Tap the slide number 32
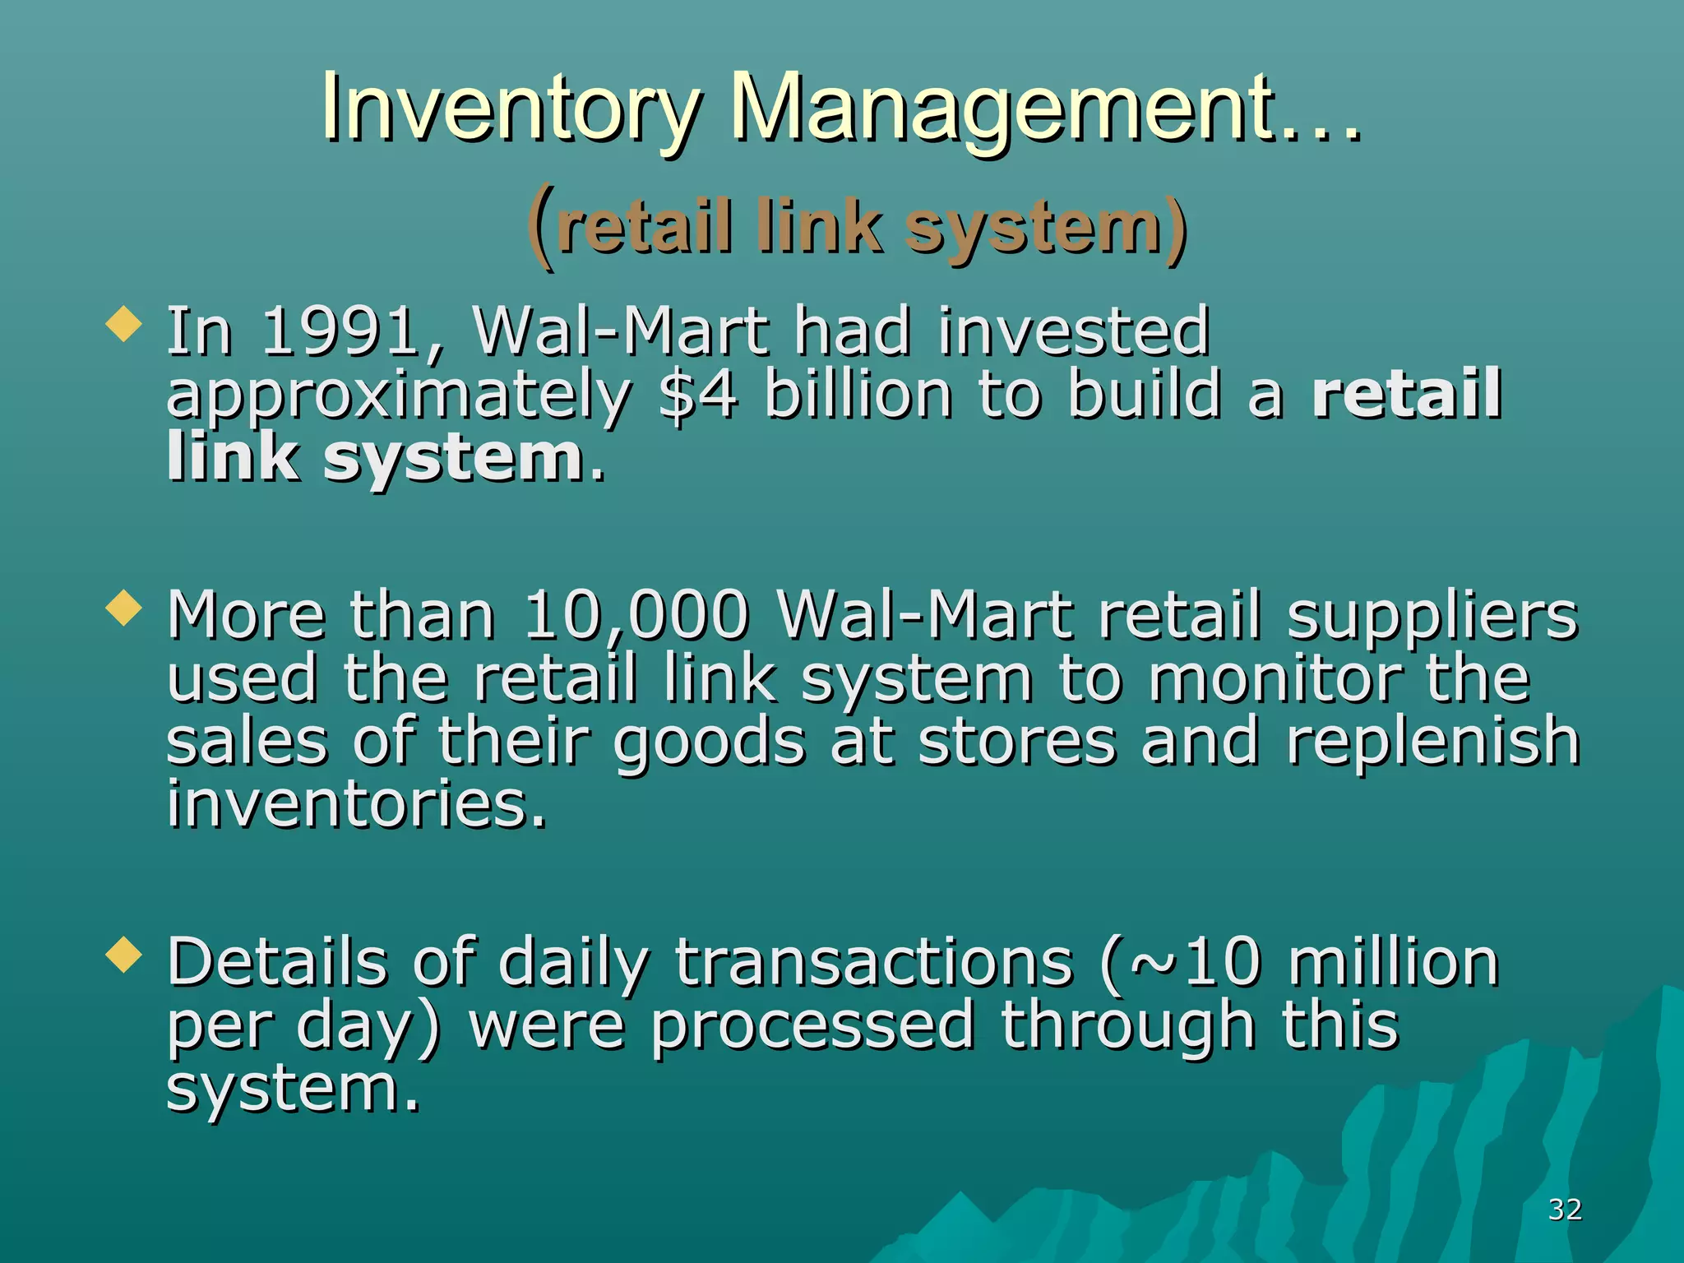click(x=1565, y=1210)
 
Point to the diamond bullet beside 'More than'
click(x=124, y=608)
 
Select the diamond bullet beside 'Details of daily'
click(x=124, y=955)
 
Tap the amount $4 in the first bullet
click(x=698, y=394)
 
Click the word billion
click(x=858, y=394)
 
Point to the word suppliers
click(x=1432, y=617)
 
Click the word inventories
click(x=356, y=803)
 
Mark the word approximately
click(x=399, y=396)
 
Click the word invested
click(x=1074, y=331)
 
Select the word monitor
click(x=1275, y=679)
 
